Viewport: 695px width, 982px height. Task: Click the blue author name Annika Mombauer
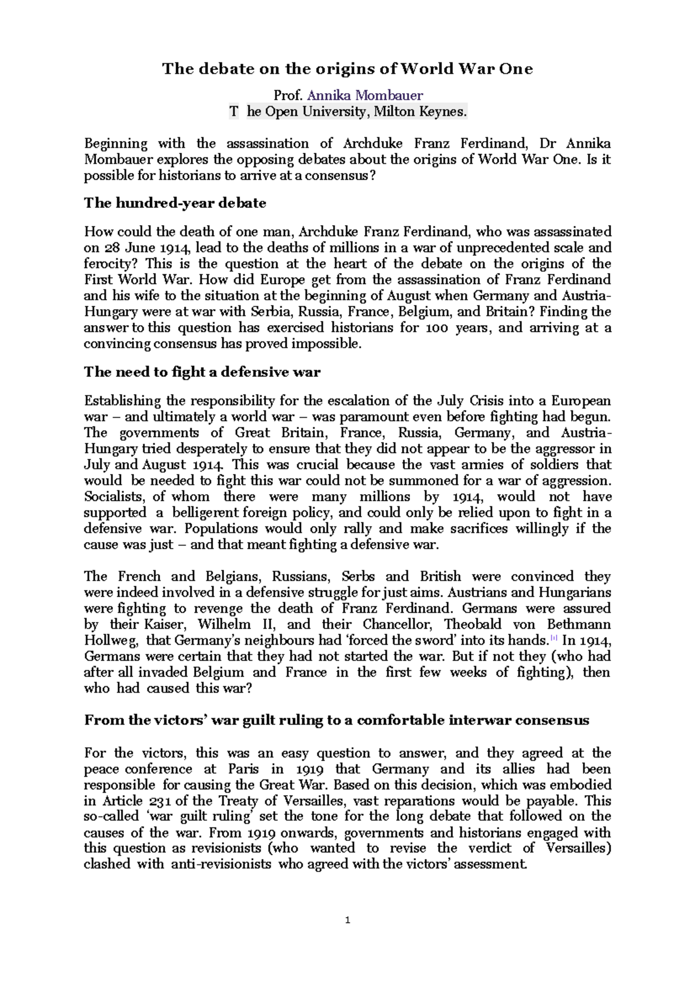point(365,95)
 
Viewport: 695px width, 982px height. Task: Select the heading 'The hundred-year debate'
point(175,203)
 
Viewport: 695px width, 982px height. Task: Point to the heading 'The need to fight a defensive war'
point(202,372)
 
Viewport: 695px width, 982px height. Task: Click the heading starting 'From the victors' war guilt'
point(336,720)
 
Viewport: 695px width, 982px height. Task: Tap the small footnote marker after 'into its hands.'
point(554,638)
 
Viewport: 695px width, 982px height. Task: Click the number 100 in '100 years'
point(437,328)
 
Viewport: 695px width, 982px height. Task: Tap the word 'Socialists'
point(114,497)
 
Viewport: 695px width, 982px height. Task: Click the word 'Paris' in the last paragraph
point(243,770)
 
